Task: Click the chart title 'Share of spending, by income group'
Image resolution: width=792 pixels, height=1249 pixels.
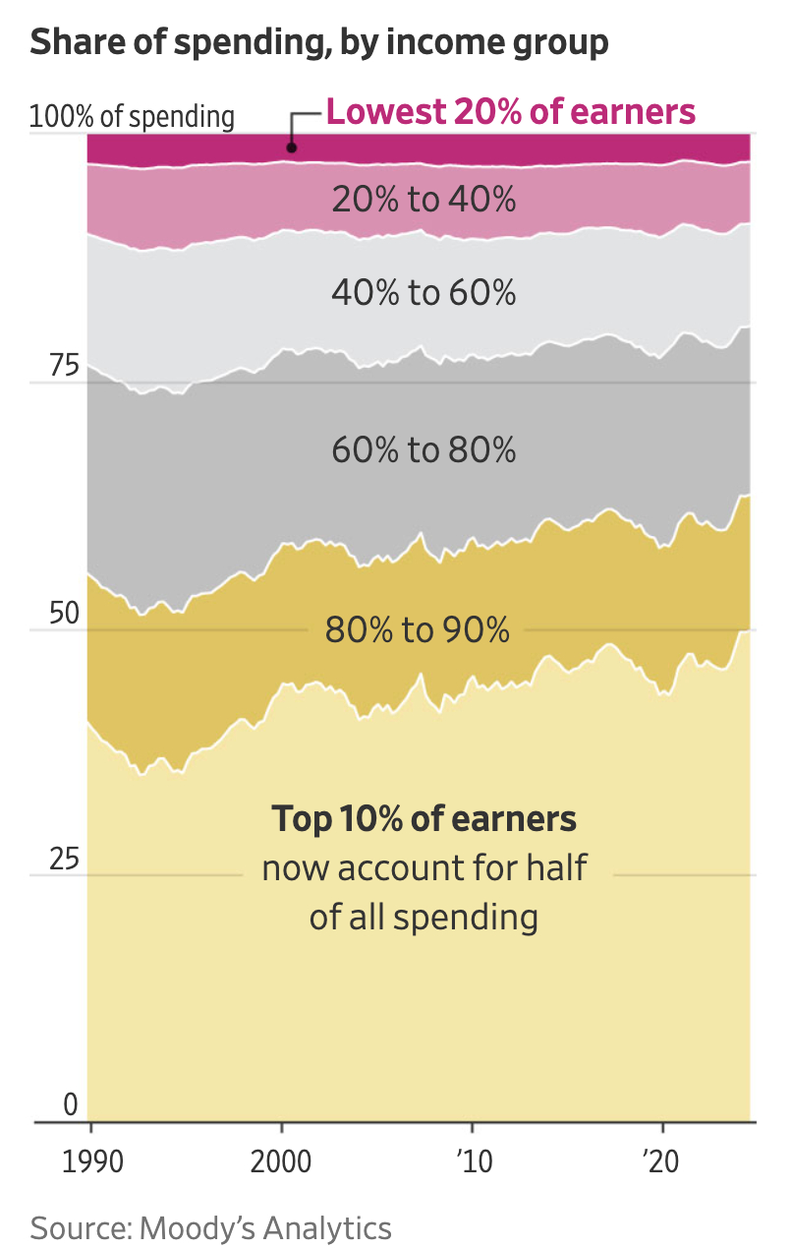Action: (x=319, y=42)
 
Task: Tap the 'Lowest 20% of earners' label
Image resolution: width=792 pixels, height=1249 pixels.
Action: (x=510, y=112)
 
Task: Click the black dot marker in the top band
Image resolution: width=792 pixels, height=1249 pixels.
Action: (x=292, y=148)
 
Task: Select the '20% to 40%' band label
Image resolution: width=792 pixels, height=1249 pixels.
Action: (x=424, y=200)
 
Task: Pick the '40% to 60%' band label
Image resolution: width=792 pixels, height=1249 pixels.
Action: (x=424, y=292)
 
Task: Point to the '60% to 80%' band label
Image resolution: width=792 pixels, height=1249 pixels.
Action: (x=424, y=450)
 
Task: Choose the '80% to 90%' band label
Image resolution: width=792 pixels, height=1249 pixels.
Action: (x=418, y=629)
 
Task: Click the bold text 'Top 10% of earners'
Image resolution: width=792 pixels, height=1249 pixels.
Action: (x=424, y=819)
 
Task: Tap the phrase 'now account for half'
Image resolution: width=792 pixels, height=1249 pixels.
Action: (x=424, y=868)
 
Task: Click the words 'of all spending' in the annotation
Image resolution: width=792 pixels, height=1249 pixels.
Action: (x=424, y=918)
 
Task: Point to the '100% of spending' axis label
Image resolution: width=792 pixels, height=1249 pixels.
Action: (x=133, y=117)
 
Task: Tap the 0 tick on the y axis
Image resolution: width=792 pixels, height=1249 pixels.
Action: (x=70, y=1105)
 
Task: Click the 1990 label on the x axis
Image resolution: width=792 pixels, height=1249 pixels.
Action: (x=91, y=1161)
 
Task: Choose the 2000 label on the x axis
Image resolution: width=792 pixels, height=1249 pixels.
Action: (x=282, y=1161)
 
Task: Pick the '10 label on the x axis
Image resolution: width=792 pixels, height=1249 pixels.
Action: (x=473, y=1161)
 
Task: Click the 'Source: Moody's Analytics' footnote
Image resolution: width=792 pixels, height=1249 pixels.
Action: (x=211, y=1228)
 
